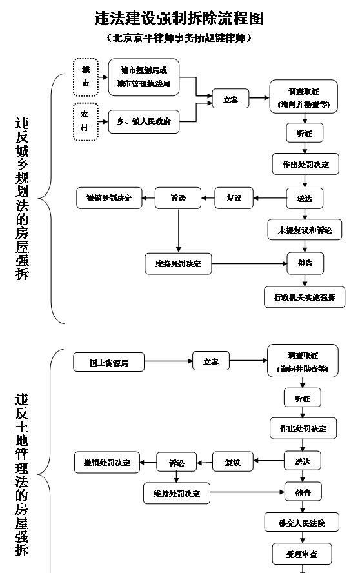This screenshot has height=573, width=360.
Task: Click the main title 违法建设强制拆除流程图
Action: pyautogui.click(x=179, y=18)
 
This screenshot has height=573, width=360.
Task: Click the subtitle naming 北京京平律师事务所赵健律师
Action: pyautogui.click(x=179, y=38)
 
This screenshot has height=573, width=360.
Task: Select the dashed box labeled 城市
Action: pyautogui.click(x=86, y=77)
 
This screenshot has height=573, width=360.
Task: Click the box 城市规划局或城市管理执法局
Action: pyautogui.click(x=143, y=77)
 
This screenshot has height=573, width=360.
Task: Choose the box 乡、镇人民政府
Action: pyautogui.click(x=143, y=121)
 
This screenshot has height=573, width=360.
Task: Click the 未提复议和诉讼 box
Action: pyautogui.click(x=305, y=230)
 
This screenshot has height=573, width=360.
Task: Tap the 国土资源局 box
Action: pyautogui.click(x=108, y=363)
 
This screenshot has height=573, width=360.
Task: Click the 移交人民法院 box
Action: pyautogui.click(x=301, y=522)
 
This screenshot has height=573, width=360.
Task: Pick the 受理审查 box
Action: pyautogui.click(x=301, y=554)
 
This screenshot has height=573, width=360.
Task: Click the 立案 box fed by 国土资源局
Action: pyautogui.click(x=210, y=361)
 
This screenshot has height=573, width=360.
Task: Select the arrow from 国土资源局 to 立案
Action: pyautogui.click(x=168, y=362)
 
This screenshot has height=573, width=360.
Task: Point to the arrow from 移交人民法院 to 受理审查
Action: pyautogui.click(x=302, y=538)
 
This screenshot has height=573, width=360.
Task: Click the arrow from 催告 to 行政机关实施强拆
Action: pyautogui.click(x=304, y=280)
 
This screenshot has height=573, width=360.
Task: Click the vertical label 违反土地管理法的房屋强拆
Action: pyautogui.click(x=23, y=474)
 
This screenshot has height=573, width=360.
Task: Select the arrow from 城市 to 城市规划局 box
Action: pyautogui.click(x=103, y=77)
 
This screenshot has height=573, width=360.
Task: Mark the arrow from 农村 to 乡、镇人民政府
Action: pyautogui.click(x=103, y=121)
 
